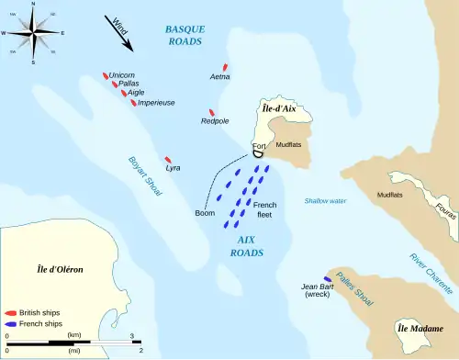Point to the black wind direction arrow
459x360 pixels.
point(119,35)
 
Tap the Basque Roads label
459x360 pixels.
point(185,35)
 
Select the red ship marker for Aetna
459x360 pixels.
point(224,68)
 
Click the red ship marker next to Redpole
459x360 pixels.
point(211,114)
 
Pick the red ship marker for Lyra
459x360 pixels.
point(167,160)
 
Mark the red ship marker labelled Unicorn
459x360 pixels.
point(106,75)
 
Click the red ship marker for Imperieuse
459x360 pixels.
point(133,101)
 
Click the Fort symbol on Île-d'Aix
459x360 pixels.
point(260,153)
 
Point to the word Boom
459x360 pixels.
point(205,213)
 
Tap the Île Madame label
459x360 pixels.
point(414,328)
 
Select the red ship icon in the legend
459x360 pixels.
point(9,313)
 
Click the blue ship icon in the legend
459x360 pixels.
point(9,324)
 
